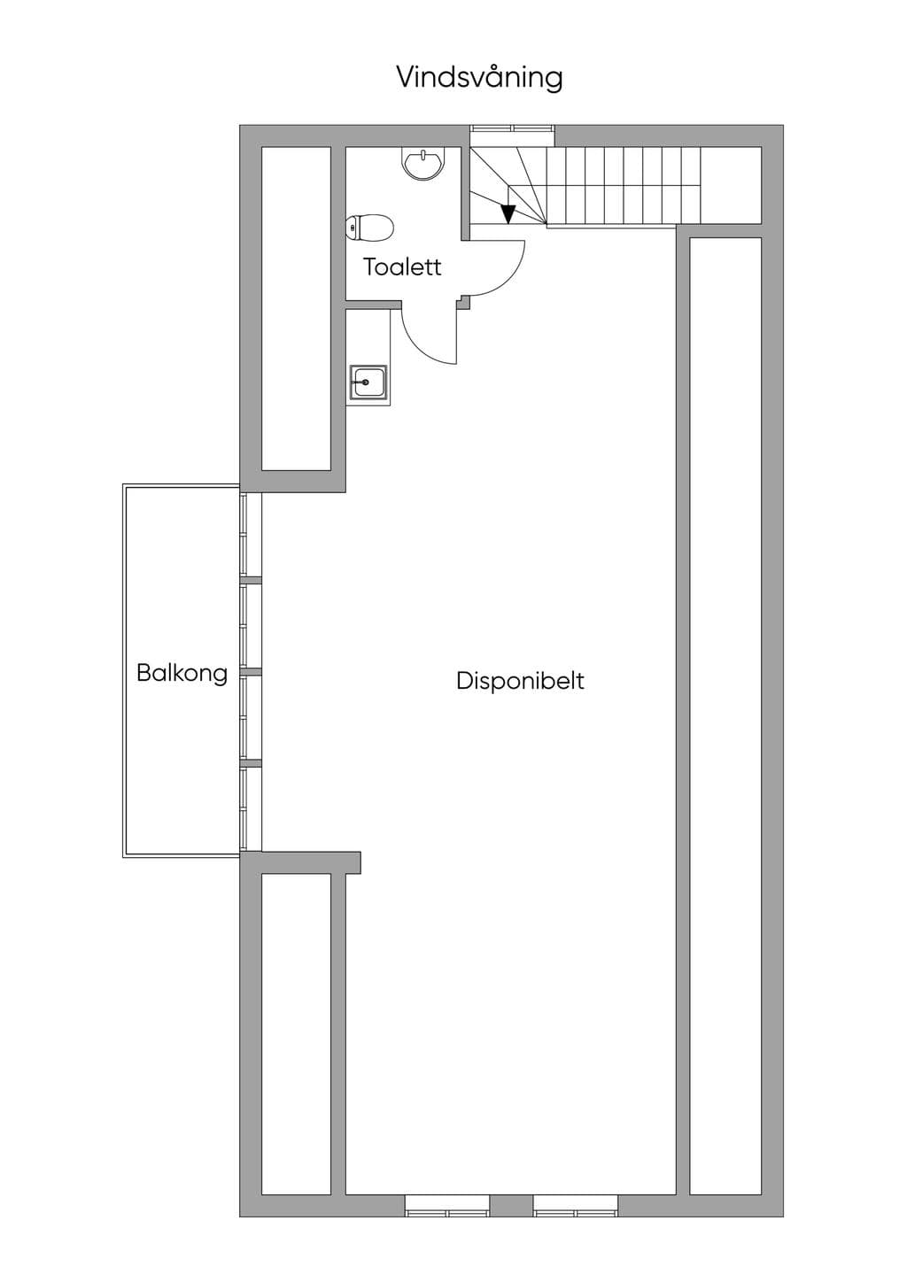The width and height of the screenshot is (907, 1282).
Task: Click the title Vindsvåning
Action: [x=479, y=79]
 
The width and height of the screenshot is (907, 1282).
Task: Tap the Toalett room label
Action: [x=402, y=267]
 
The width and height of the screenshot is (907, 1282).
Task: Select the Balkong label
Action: [x=182, y=674]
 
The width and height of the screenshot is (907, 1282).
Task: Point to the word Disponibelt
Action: [x=520, y=681]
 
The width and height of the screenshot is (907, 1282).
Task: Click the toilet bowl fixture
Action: [x=370, y=228]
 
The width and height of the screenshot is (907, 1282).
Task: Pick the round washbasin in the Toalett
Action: [x=422, y=164]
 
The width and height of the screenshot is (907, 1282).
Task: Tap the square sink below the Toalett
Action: [x=368, y=382]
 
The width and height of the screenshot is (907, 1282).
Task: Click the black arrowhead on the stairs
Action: [x=508, y=214]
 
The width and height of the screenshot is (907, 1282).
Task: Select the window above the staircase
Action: [x=512, y=128]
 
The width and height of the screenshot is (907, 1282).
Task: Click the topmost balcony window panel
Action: [x=244, y=535]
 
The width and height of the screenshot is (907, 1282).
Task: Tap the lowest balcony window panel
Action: [x=244, y=809]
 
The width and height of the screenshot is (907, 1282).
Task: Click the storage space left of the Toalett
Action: [x=296, y=309]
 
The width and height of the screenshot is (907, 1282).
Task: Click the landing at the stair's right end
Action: [x=731, y=185]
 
